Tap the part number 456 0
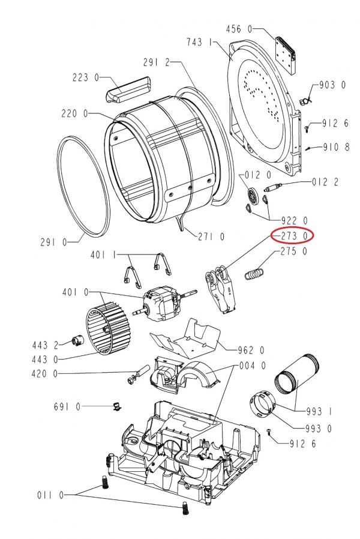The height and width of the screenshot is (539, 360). pyautogui.click(x=239, y=29)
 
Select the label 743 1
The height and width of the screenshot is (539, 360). pyautogui.click(x=200, y=42)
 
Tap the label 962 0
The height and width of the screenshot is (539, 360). pyautogui.click(x=251, y=351)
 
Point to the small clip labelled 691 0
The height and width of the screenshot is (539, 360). pyautogui.click(x=118, y=406)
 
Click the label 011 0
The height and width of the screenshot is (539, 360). pyautogui.click(x=50, y=495)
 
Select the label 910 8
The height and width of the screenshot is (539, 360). pyautogui.click(x=336, y=147)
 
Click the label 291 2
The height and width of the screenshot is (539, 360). pyautogui.click(x=157, y=62)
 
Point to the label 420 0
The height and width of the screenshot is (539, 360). pyautogui.click(x=44, y=374)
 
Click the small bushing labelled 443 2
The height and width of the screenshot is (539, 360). pyautogui.click(x=77, y=342)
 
